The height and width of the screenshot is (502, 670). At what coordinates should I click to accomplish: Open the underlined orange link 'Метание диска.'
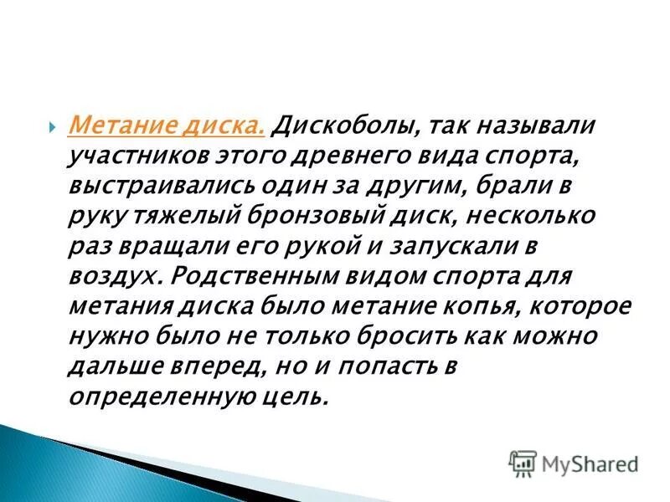tap(167, 126)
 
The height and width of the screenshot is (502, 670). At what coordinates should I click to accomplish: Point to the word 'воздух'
tap(105, 277)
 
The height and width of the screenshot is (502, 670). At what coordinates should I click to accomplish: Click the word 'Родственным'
tap(247, 277)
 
